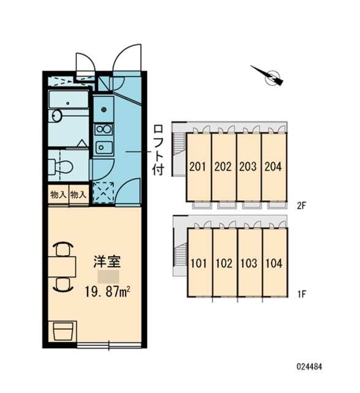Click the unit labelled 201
[198, 166]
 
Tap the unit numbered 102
[224, 263]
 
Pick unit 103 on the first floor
[250, 263]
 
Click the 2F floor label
[301, 206]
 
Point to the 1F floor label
[302, 294]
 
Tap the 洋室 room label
[107, 262]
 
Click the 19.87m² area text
[107, 292]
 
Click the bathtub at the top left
[69, 99]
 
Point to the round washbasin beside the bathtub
[56, 116]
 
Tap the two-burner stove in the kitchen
[104, 130]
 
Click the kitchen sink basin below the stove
[104, 147]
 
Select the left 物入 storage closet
[58, 195]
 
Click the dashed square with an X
[104, 192]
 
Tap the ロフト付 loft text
[158, 150]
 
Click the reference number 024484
[309, 367]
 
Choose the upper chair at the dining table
[63, 249]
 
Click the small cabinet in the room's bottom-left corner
[63, 331]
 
